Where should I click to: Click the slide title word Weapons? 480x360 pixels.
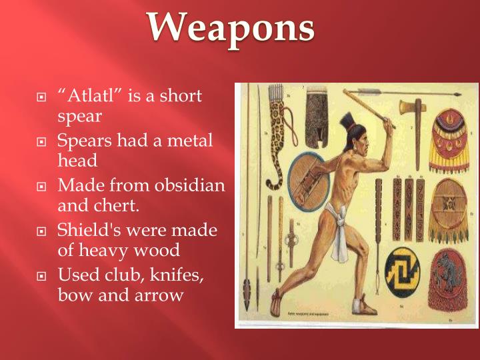pos(231,28)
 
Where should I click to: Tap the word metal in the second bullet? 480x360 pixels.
pos(188,141)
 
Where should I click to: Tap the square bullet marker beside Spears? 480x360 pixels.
pos(42,142)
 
